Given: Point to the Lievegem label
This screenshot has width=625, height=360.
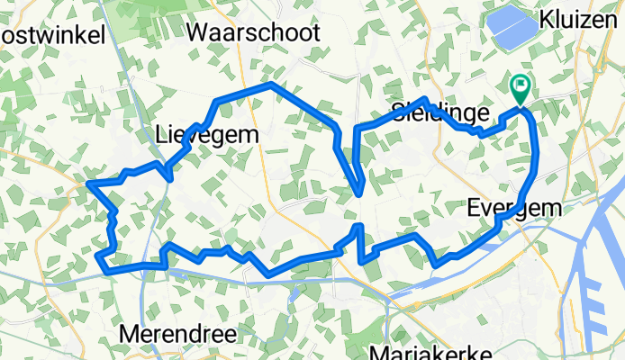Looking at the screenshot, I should [x=207, y=135].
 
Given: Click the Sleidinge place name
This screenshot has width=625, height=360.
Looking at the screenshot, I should [x=440, y=112].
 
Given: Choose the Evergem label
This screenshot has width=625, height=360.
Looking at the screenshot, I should [x=514, y=208].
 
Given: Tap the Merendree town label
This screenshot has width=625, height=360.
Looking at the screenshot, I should [x=178, y=334].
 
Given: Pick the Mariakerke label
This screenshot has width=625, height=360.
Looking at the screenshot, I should [x=428, y=351].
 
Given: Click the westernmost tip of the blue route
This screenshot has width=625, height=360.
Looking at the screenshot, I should [x=89, y=184].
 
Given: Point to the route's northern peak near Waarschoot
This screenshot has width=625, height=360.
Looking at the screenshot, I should [x=272, y=85].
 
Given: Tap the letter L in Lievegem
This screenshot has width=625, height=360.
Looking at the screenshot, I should [x=161, y=135].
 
